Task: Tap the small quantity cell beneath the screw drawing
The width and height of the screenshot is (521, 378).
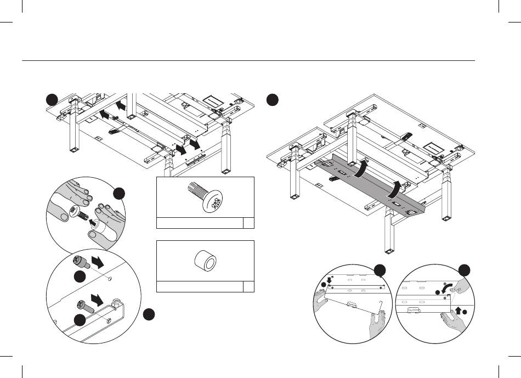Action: click(x=249, y=222)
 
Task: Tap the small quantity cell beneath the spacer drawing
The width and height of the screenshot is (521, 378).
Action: click(x=249, y=286)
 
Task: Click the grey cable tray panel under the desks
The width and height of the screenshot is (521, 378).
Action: click(x=373, y=184)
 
